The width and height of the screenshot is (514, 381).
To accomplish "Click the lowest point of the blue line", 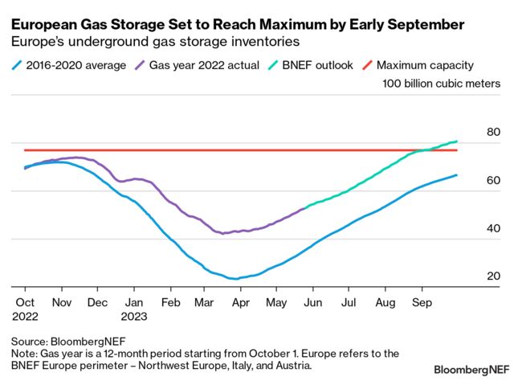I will coord(234,279).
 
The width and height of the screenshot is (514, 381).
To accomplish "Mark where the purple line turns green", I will coord(306,208).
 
